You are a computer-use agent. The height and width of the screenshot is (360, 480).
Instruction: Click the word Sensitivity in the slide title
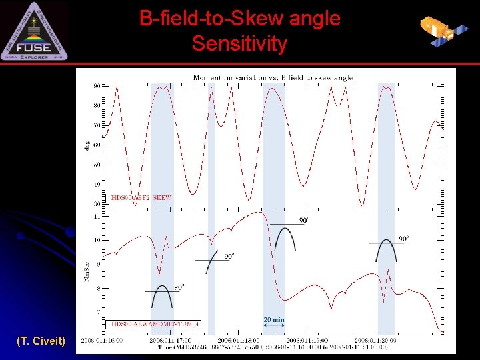[239, 44]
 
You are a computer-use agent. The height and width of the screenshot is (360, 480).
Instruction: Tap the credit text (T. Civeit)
[41, 341]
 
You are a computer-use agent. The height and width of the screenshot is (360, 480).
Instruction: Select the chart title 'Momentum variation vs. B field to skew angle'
[273, 77]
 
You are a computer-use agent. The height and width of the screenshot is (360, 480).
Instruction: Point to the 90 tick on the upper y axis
[97, 86]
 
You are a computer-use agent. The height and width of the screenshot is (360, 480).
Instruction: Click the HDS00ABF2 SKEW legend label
[141, 198]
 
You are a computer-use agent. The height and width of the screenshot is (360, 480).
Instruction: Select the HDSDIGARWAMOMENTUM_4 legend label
[155, 324]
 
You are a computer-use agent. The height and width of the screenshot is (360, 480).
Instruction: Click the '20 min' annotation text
[273, 320]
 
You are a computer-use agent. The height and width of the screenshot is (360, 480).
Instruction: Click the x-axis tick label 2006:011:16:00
[101, 340]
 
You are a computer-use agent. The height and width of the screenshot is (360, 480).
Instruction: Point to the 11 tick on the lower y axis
[97, 217]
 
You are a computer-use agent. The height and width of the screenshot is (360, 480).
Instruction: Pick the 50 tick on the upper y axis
[97, 164]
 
